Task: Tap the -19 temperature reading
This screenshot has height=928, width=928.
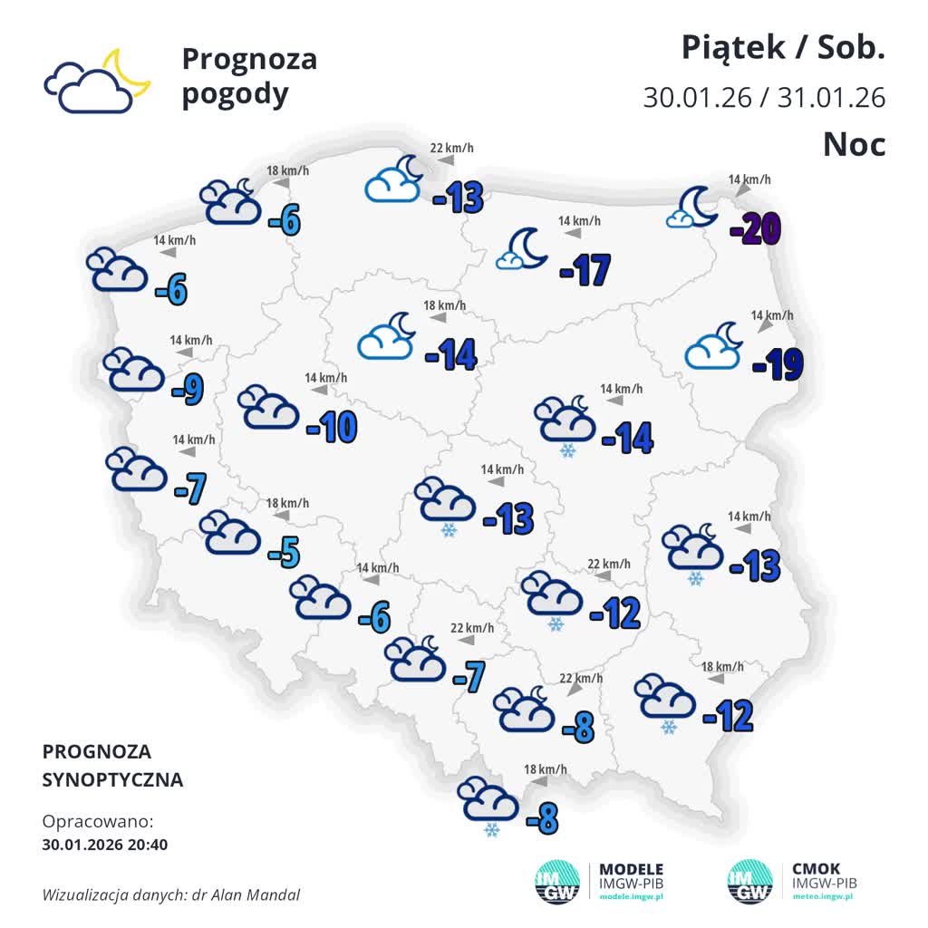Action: [778, 364]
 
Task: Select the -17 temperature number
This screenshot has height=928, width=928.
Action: [585, 270]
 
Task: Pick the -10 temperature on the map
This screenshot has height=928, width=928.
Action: [332, 427]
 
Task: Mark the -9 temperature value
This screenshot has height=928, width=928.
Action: [188, 389]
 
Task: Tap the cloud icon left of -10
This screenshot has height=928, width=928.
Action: [268, 408]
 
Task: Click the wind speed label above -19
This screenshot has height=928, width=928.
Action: [771, 315]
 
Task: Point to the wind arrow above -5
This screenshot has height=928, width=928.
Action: [282, 517]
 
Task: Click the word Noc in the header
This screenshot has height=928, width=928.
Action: [854, 144]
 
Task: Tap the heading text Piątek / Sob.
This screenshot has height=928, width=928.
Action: [783, 48]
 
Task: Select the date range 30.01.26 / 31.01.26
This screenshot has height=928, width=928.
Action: [764, 97]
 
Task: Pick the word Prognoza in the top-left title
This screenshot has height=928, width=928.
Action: [249, 59]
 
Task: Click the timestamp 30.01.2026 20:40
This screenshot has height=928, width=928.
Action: [105, 845]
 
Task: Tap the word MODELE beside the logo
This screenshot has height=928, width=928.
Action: [632, 868]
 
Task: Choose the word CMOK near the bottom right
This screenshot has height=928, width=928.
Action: [816, 868]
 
